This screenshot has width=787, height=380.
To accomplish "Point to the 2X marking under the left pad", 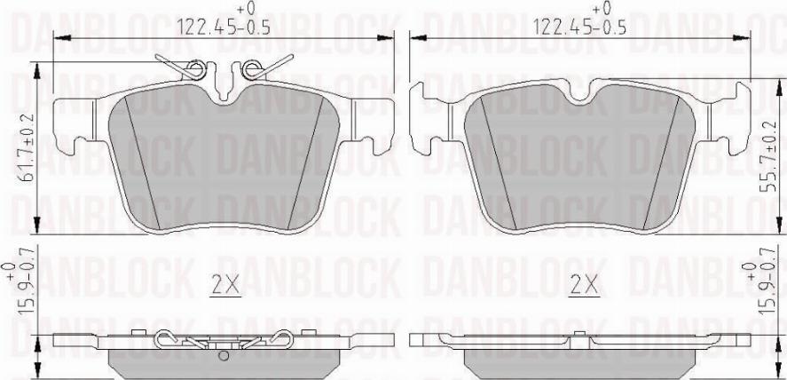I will click(225, 286).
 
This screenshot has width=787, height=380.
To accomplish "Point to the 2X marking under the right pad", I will click(583, 286).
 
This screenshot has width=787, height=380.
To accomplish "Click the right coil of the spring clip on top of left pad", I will click(253, 67).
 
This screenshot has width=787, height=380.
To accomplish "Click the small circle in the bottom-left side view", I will click(224, 357).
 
